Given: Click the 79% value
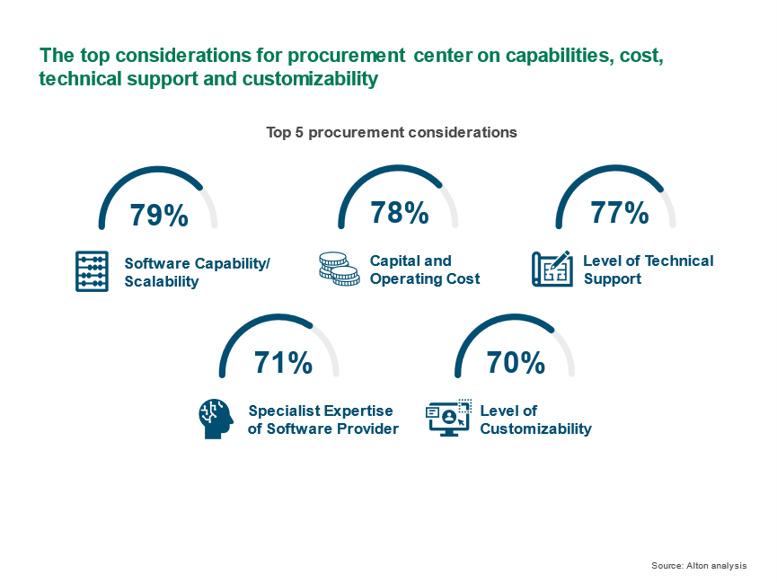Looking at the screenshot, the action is coord(159,215).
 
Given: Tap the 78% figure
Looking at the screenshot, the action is coord(400,213).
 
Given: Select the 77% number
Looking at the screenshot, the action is coord(620,213).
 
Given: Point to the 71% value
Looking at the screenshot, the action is coord(284,362).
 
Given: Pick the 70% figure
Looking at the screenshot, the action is coord(516,362).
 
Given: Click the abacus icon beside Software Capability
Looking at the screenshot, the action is coord(92,271).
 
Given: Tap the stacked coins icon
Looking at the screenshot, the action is coord(340,269).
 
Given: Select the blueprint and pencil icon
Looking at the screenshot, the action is coord(552,269).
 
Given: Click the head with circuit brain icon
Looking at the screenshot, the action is coord(216,419).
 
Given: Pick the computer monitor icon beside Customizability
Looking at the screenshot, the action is coord(448,418).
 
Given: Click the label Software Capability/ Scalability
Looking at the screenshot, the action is coord(197,272).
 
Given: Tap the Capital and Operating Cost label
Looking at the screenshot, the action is coord(425,269).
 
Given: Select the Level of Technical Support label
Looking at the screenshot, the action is coord(649,269).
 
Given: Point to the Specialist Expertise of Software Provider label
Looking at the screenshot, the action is coord(323,420).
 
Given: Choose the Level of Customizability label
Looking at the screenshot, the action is coord(535,420).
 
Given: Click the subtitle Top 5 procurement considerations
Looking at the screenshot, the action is coord(392,132).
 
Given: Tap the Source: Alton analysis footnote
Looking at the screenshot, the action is coord(699,566).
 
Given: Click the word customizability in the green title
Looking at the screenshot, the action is coord(310,79).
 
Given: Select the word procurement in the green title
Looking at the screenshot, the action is coord(347,56).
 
